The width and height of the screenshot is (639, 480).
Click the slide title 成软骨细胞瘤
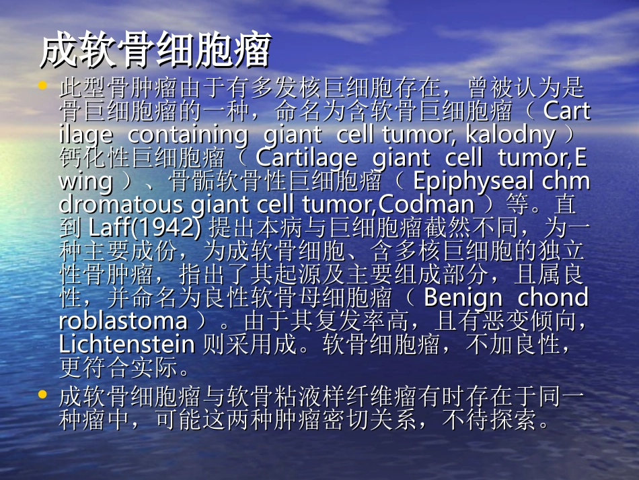pos(155,51)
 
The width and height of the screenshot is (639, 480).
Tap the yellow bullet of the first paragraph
pos(43,86)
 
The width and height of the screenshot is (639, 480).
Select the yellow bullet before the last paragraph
pos(43,393)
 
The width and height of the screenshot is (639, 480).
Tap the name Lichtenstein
pos(126,344)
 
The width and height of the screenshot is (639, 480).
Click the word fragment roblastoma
pos(123,320)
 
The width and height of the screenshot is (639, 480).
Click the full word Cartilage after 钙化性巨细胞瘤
pos(307,158)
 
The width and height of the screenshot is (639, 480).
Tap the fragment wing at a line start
pos(85,182)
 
